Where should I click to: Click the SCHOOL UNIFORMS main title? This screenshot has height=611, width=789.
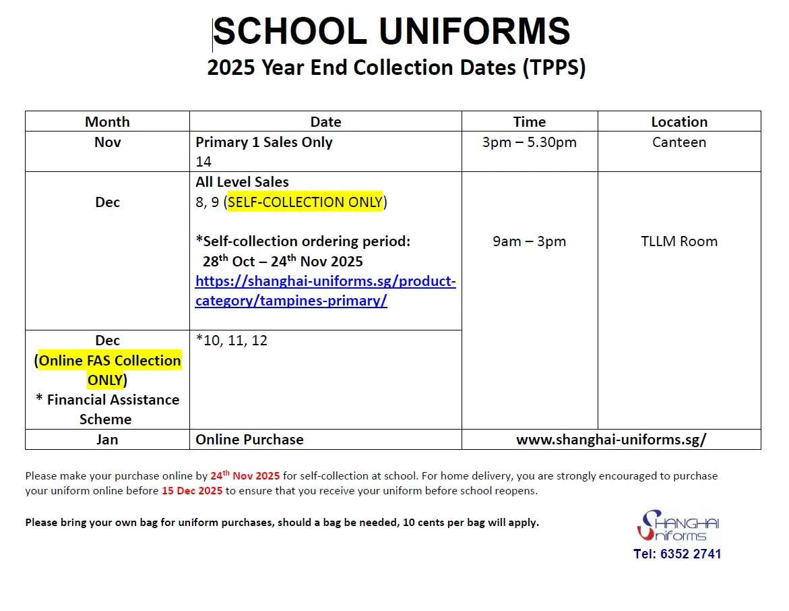pos(392,32)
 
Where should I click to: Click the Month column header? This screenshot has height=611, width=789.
pos(107,122)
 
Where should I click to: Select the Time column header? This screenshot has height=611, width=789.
pos(529,122)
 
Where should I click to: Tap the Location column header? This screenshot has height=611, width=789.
pos(679,122)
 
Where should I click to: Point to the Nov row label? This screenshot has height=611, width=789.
pos(107,142)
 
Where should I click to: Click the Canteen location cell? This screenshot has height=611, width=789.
pos(679,142)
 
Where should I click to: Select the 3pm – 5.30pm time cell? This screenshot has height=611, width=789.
pos(529,142)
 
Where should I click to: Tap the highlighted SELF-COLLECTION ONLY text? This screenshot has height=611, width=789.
pos(305,202)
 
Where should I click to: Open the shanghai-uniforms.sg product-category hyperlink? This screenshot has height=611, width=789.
pos(325,291)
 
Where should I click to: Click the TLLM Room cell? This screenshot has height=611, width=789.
pos(679,241)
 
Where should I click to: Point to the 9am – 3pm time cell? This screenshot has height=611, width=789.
pos(529,241)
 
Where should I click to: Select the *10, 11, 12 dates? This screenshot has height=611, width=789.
pos(232,341)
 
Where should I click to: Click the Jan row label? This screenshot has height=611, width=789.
pos(107,440)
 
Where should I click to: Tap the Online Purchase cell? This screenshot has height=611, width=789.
pos(249,440)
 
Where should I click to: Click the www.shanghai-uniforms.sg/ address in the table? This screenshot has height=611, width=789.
pos(611,440)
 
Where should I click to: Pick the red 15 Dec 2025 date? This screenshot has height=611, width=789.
pos(192,491)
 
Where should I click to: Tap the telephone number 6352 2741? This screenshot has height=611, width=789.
pos(677,554)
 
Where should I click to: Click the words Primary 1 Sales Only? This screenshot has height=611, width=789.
pos(263,142)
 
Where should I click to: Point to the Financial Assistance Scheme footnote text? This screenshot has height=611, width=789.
pos(107,409)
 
